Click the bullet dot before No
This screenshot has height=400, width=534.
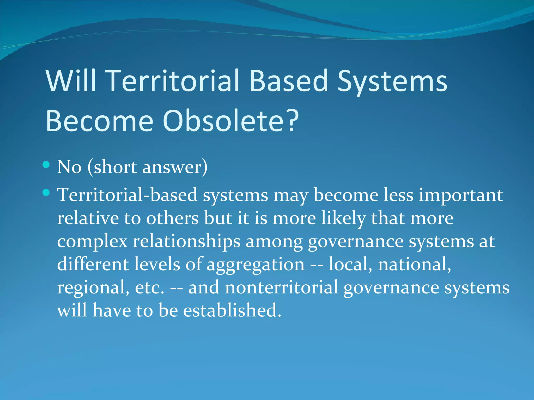coord(46,165)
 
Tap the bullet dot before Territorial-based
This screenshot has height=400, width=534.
coord(46,193)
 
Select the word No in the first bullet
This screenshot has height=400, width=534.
coord(69,167)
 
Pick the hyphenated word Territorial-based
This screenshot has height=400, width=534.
coord(127,195)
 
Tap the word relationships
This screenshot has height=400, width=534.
coord(186,242)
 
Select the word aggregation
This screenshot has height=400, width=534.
coord(256,265)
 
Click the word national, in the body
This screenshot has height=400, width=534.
coord(415,264)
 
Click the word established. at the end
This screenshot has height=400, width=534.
coord(232,310)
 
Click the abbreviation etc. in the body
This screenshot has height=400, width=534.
coord(150,287)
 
